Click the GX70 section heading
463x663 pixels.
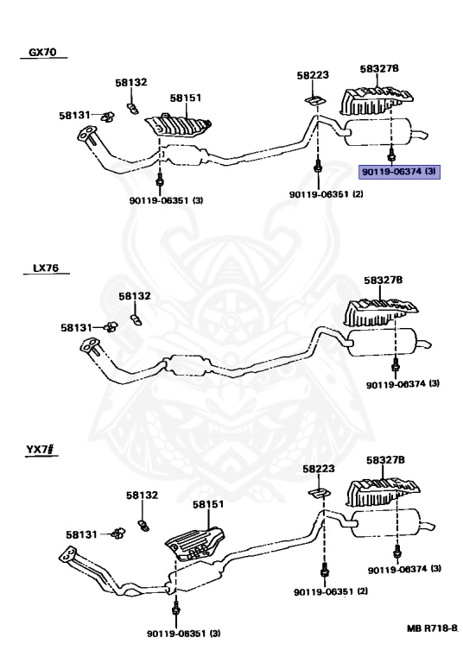click(x=42, y=52)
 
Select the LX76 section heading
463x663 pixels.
click(x=46, y=268)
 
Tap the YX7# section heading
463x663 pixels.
click(x=41, y=449)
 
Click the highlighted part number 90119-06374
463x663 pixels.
click(x=391, y=172)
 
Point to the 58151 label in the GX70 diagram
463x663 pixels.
click(x=186, y=98)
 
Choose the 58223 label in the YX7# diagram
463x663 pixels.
click(x=319, y=469)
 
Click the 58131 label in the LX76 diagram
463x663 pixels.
click(x=76, y=328)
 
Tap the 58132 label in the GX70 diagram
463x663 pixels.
click(x=131, y=82)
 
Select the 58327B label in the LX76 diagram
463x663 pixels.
click(x=384, y=280)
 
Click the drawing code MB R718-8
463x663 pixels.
click(x=432, y=628)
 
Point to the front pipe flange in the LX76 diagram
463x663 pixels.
click(x=90, y=344)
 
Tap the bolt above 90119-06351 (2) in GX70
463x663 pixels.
click(x=317, y=167)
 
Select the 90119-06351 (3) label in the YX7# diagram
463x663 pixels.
click(x=184, y=634)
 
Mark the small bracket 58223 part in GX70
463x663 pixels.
click(x=314, y=101)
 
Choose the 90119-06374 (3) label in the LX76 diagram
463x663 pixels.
click(x=403, y=384)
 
